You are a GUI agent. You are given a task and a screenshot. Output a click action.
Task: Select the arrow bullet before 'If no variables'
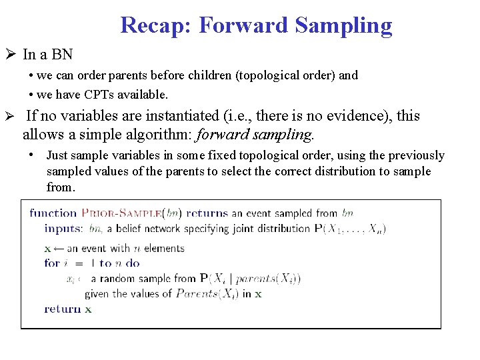[11, 116]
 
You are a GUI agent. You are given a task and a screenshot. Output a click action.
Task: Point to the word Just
[58, 155]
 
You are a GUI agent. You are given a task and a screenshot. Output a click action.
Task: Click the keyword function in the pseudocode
[53, 213]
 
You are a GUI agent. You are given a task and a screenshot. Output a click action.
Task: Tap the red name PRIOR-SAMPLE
[122, 213]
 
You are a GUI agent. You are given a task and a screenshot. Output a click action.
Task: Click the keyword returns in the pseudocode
[207, 213]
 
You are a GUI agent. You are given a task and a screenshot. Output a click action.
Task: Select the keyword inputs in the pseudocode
[63, 229]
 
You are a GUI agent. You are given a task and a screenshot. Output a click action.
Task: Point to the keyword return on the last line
[62, 309]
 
